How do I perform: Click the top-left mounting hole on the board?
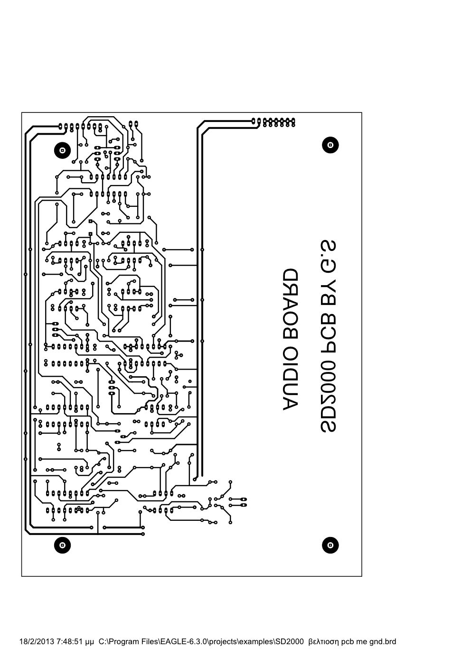[62, 150]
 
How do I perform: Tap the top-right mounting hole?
[330, 145]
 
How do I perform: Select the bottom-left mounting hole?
[62, 545]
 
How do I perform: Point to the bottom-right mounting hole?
[330, 545]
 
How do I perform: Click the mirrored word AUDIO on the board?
[290, 377]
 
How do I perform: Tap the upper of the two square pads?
[91, 221]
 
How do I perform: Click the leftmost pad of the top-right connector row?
[253, 121]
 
